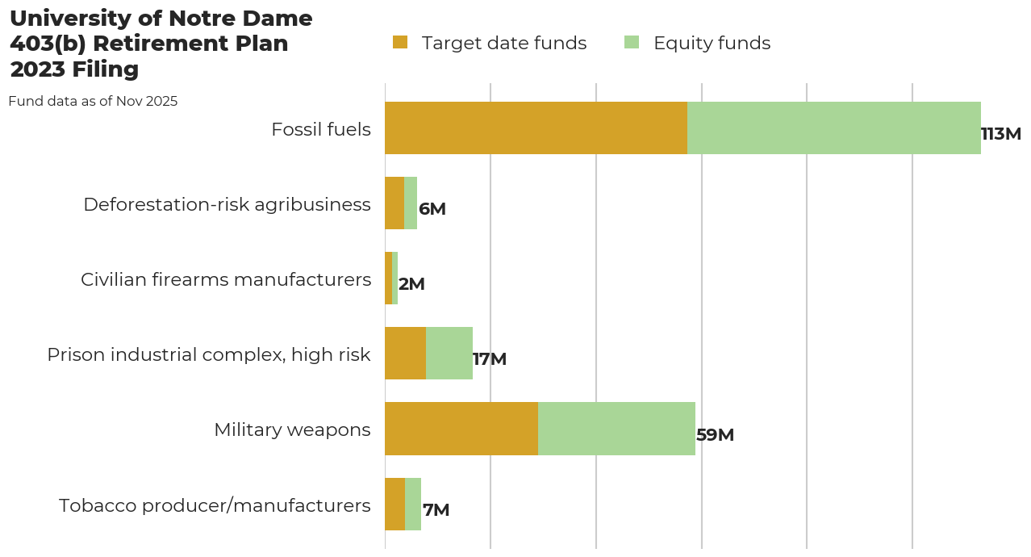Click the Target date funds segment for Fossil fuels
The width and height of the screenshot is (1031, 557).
click(536, 128)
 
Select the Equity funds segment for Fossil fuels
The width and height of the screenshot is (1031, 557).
click(833, 128)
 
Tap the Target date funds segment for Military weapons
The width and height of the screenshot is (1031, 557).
click(461, 429)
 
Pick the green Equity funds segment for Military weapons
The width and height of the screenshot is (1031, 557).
click(616, 429)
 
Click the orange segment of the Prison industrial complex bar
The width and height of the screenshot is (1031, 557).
click(405, 353)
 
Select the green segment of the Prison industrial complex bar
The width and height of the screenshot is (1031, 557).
click(449, 353)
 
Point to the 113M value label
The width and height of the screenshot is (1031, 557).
click(1000, 134)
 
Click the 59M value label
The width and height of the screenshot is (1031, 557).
click(715, 435)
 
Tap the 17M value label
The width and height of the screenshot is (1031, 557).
click(490, 359)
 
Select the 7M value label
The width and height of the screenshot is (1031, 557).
click(436, 510)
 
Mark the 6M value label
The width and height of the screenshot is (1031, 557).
click(432, 209)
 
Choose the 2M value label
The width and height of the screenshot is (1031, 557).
click(411, 284)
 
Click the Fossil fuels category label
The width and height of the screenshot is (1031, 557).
click(321, 129)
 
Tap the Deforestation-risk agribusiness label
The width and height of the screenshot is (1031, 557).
click(227, 204)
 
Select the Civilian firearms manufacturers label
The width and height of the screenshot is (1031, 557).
click(226, 279)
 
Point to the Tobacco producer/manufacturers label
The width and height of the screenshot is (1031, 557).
click(215, 505)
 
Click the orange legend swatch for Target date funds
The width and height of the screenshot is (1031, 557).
click(400, 43)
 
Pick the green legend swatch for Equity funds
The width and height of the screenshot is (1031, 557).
click(632, 43)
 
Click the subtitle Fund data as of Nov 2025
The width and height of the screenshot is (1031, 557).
click(93, 102)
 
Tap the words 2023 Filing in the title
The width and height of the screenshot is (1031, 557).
click(74, 69)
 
